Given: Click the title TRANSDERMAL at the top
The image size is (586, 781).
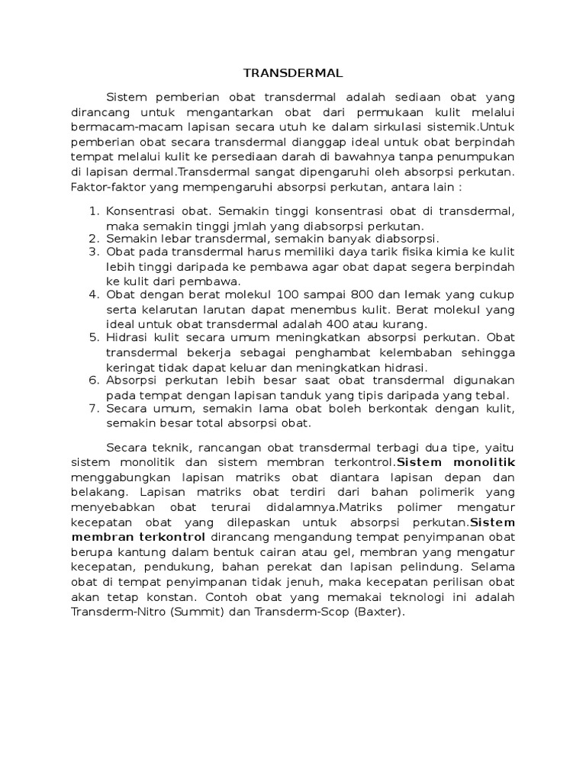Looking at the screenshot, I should [x=293, y=73].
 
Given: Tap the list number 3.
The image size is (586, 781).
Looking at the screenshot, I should [x=94, y=252].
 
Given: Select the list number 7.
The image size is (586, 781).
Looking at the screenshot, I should [x=94, y=409].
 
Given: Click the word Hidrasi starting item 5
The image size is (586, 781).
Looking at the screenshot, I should [x=127, y=338].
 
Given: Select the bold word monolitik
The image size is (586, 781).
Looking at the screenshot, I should [x=484, y=462].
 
